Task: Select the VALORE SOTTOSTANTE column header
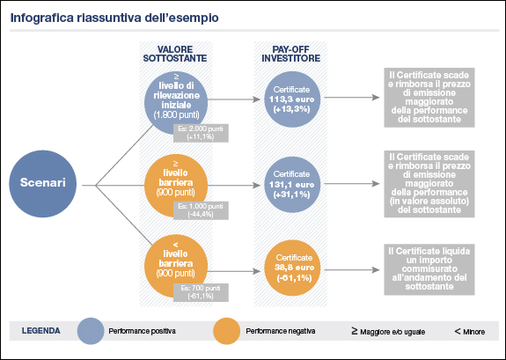(175, 54)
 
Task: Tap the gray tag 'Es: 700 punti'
(202, 292)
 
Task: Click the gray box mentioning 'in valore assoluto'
(432, 183)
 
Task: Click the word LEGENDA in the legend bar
(41, 332)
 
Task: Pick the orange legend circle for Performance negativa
(227, 332)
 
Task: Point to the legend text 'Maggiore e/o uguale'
(392, 332)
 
